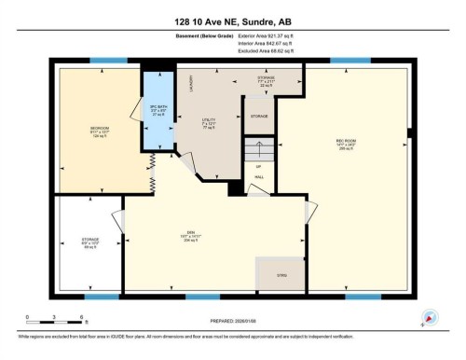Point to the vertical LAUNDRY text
point(191,83)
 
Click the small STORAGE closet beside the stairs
point(259,117)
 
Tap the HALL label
point(259,177)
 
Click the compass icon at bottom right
point(430,316)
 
